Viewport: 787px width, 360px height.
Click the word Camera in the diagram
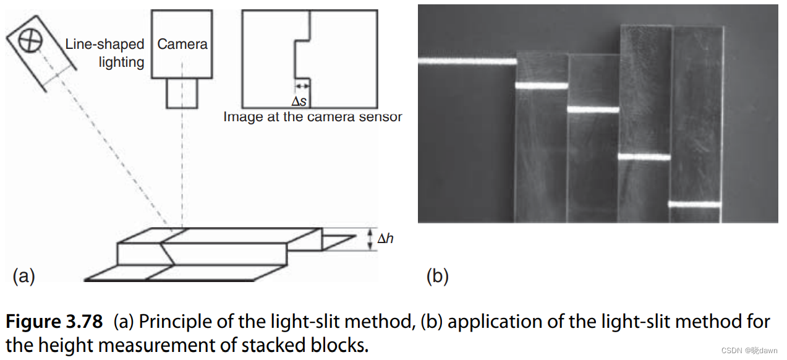pyautogui.click(x=182, y=44)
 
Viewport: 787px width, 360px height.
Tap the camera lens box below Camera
pyautogui.click(x=182, y=93)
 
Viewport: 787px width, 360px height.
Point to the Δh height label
pyautogui.click(x=385, y=238)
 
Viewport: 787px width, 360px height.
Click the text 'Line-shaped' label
pyautogui.click(x=104, y=45)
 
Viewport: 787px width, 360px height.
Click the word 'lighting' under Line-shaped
pyautogui.click(x=121, y=62)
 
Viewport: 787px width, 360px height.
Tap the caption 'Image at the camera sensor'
pyautogui.click(x=312, y=116)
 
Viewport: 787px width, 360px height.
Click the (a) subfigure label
pyautogui.click(x=23, y=276)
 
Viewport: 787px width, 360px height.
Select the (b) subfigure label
pyautogui.click(x=437, y=276)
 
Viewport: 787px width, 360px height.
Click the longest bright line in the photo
pyautogui.click(x=467, y=61)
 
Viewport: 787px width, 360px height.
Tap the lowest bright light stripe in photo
pyautogui.click(x=694, y=204)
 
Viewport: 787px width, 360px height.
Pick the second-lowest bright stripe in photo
pyautogui.click(x=644, y=157)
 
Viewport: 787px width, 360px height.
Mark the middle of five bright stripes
pyautogui.click(x=593, y=110)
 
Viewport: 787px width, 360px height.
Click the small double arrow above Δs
pyautogui.click(x=302, y=86)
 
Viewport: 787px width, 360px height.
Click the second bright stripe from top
pyautogui.click(x=541, y=85)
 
